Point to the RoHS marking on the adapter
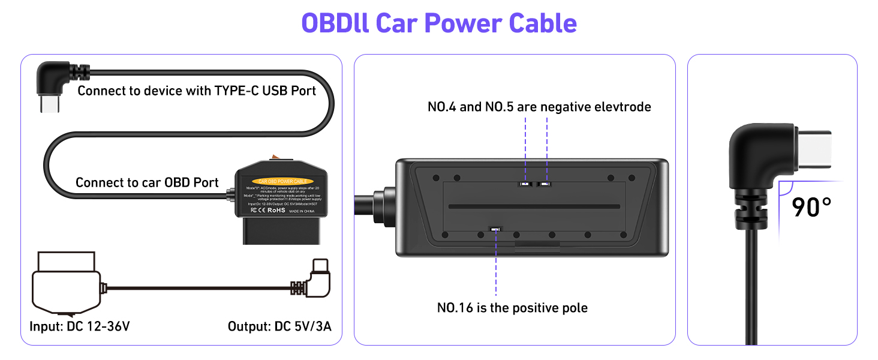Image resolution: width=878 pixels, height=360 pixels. point(276,211)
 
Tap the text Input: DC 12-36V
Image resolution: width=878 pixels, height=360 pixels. point(80,327)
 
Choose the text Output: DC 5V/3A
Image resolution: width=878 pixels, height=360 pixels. point(279,327)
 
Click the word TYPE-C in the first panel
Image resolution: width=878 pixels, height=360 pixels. point(236,91)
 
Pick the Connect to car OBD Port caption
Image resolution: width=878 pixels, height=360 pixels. point(147,182)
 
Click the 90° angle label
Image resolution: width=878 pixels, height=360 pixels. point(811,207)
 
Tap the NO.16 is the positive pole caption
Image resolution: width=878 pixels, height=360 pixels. point(512,308)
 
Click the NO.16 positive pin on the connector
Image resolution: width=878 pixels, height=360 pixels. point(496,229)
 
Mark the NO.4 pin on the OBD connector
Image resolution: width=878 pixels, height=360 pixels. point(525,184)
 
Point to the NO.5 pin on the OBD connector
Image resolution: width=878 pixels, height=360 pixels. point(546,184)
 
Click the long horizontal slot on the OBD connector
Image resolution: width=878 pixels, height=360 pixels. point(534,206)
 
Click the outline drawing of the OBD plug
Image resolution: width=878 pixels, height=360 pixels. point(64,286)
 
